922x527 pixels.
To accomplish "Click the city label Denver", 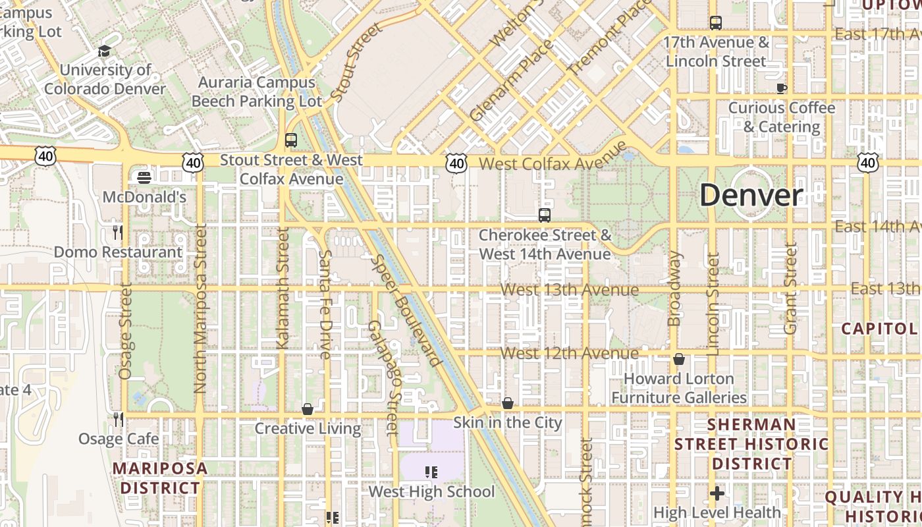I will (x=751, y=196).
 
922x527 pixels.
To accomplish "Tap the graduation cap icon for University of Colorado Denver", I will (x=104, y=51).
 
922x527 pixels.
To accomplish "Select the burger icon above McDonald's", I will (x=144, y=177).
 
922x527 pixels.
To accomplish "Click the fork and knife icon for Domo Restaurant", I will (x=118, y=232).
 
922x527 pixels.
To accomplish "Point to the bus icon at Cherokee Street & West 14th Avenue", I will (x=545, y=215).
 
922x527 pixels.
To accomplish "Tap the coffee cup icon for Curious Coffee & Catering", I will (x=782, y=88).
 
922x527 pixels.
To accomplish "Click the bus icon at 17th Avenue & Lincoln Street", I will (x=716, y=23).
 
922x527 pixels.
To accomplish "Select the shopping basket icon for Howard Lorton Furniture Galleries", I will (x=679, y=359).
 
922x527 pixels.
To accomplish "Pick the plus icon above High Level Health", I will (x=717, y=493).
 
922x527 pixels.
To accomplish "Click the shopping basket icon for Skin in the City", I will (x=508, y=403).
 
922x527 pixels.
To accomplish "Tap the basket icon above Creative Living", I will (x=308, y=409).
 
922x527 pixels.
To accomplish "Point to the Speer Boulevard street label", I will (x=406, y=310).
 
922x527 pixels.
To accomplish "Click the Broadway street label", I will (x=674, y=289).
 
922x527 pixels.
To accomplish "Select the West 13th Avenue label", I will (x=570, y=290).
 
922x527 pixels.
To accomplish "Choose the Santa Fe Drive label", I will (x=325, y=304).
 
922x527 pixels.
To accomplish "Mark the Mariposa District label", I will (x=160, y=478).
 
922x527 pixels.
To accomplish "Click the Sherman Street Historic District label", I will (x=751, y=444).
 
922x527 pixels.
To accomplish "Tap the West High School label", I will (x=431, y=491).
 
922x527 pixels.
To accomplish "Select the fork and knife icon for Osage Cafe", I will (x=118, y=419).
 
